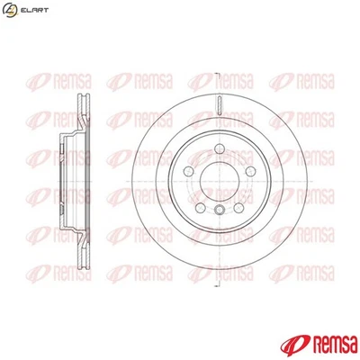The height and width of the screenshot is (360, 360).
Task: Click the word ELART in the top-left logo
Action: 33,10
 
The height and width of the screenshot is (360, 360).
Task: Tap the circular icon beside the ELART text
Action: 11,10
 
